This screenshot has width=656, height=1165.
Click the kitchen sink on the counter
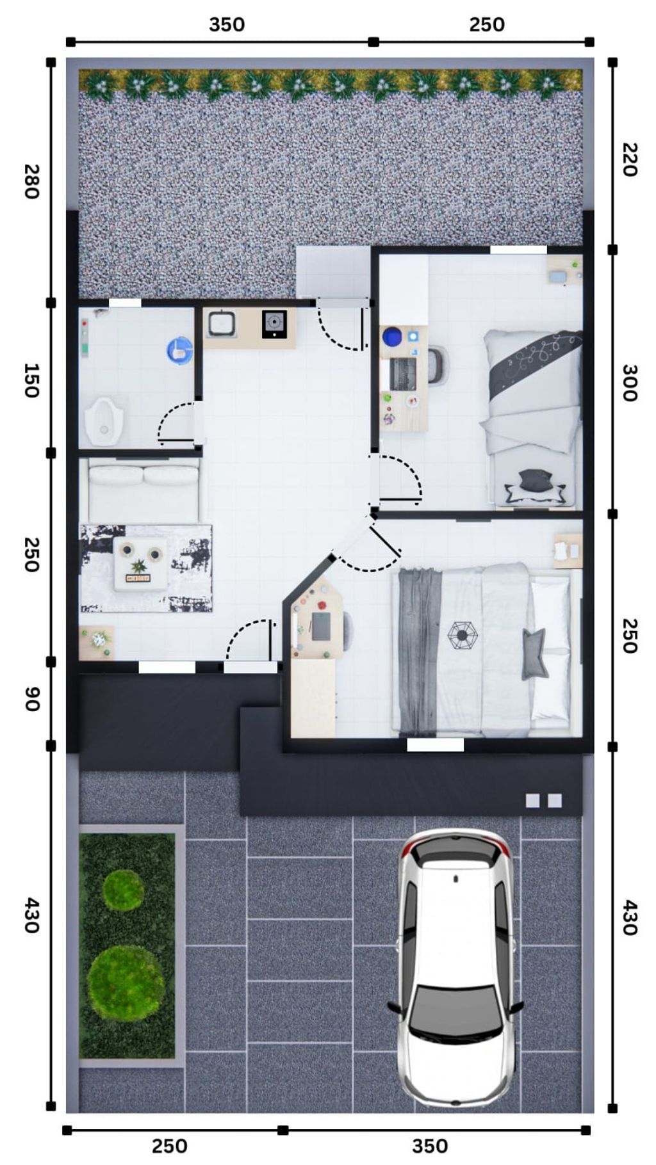coord(221,323)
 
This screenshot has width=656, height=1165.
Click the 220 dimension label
coord(630,160)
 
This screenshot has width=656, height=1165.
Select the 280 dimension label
coord(32,182)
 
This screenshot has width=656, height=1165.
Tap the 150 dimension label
coord(32,380)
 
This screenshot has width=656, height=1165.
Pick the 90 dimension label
coord(32,699)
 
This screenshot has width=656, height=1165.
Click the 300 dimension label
coord(630,383)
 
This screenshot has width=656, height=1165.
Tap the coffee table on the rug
coord(141,563)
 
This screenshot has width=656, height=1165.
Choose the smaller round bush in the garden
coord(124,890)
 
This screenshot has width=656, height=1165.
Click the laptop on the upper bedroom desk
coord(402,374)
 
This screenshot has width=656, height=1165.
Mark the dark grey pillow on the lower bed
coord(535,653)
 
